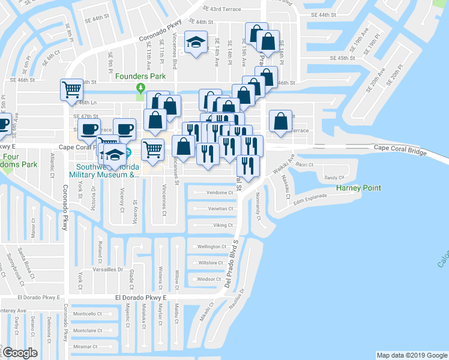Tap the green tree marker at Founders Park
pos(140,88)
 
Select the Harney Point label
pos(358,188)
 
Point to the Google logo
pos(20,353)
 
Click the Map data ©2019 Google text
pos(411,355)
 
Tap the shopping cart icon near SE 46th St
pos(71,90)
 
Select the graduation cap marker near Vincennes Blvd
pos(195,42)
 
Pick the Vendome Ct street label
pos(219,193)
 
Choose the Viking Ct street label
pos(223,225)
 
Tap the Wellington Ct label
pos(212,247)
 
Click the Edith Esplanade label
pos(310,199)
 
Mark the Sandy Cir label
pos(334,178)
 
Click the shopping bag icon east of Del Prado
pos(280,122)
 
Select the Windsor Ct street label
pos(209,279)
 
